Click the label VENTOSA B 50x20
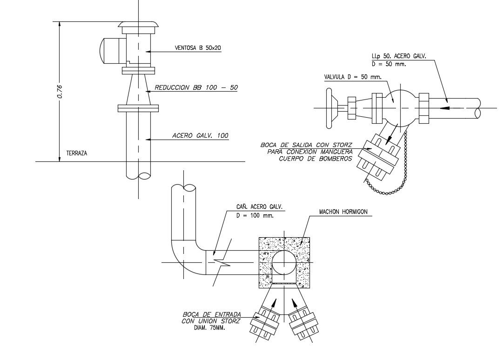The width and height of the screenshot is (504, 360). click(197, 47)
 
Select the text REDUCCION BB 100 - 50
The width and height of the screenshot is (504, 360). click(195, 87)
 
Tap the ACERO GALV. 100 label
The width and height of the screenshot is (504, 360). click(200, 136)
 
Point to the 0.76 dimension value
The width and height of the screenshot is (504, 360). click(60, 92)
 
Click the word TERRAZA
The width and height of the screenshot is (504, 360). click(77, 153)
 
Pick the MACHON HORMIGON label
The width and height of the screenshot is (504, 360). click(343, 212)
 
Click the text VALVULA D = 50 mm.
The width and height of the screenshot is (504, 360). click(352, 77)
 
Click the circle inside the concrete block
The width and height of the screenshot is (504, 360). click(284, 263)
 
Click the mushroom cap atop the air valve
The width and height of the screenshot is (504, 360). click(138, 24)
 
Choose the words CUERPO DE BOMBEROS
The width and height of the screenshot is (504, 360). click(315, 158)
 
